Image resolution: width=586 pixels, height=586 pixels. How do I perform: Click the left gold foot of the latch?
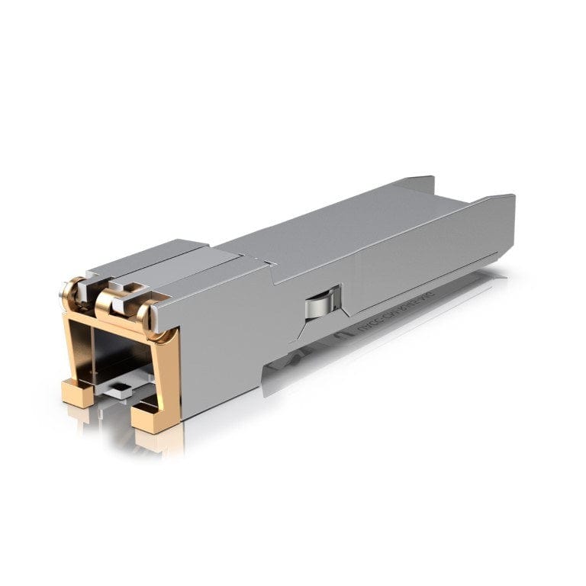[x=77, y=393]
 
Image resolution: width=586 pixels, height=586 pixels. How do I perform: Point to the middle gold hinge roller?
[x=105, y=303]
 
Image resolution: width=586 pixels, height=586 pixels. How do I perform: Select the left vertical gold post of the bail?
[x=70, y=343]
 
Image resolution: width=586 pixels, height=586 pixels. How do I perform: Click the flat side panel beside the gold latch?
[x=221, y=343]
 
